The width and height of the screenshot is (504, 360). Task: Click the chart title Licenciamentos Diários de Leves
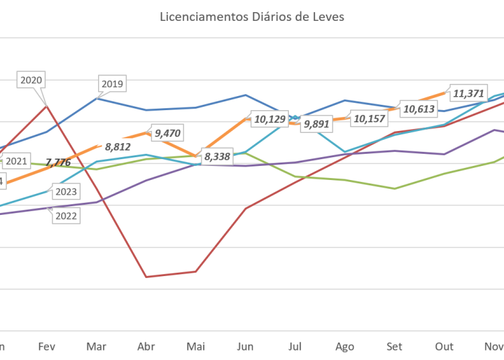(x=252, y=17)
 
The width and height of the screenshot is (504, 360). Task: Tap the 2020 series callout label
(x=32, y=80)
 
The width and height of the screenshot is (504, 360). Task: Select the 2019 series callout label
(x=112, y=85)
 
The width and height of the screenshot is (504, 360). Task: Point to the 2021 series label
(x=16, y=161)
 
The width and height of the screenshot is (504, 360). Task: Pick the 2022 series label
(x=67, y=216)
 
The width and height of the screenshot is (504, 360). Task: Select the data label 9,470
(x=168, y=133)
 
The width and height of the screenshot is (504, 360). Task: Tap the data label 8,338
(x=217, y=157)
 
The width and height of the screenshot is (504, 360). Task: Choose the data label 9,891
(x=317, y=124)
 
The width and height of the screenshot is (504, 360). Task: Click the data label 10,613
(x=419, y=108)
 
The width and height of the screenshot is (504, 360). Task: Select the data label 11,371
(x=469, y=93)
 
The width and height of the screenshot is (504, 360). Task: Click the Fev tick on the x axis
(x=47, y=347)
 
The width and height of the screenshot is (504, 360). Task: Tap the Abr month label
(x=146, y=347)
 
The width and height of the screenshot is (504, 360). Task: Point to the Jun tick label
(x=245, y=347)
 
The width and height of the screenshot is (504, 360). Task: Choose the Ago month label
(x=345, y=347)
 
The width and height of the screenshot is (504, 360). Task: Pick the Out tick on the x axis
(x=444, y=347)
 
